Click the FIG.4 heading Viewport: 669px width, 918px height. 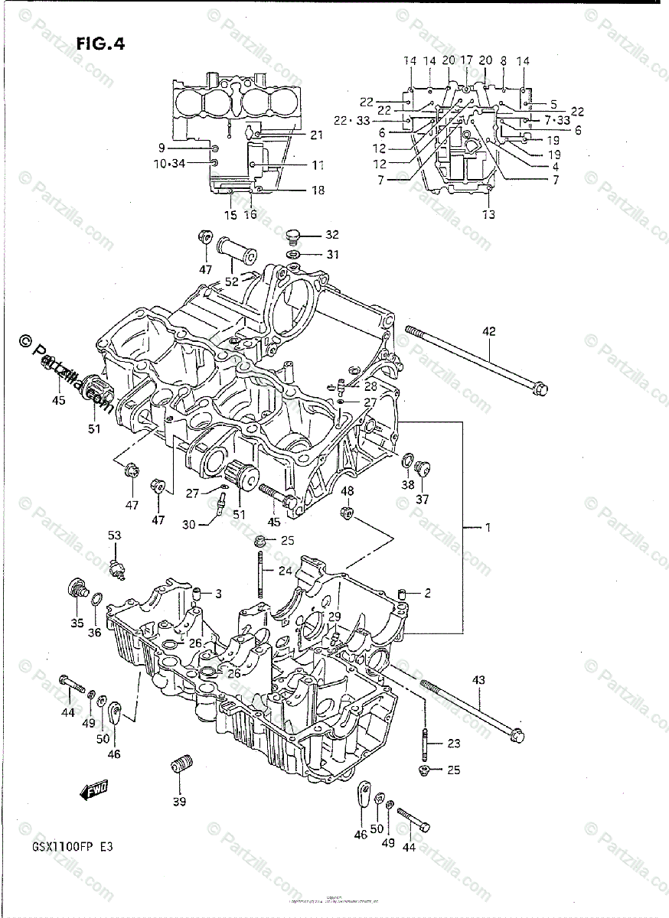pyautogui.click(x=100, y=44)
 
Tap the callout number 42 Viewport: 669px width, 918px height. pyautogui.click(x=489, y=331)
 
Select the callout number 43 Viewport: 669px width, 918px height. pyautogui.click(x=479, y=679)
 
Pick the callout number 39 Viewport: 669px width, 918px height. pyautogui.click(x=179, y=802)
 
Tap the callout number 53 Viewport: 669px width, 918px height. pyautogui.click(x=114, y=535)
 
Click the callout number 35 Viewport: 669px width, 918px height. pyautogui.click(x=77, y=623)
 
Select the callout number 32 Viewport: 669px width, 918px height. pyautogui.click(x=331, y=234)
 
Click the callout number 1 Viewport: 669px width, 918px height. pyautogui.click(x=487, y=527)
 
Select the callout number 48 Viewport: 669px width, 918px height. pyautogui.click(x=348, y=490)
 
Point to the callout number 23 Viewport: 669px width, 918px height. pyautogui.click(x=454, y=743)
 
